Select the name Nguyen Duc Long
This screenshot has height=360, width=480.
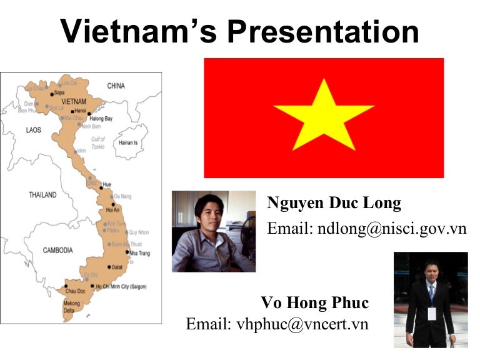coord(334,204)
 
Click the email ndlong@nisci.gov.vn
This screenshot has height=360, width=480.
coord(367,229)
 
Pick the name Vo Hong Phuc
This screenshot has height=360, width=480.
coord(315,304)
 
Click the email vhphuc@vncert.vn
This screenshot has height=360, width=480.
coord(277,324)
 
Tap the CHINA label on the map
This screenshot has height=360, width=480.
coord(116,86)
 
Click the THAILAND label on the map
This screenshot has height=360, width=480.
coord(42,195)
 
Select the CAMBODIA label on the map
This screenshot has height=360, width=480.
coord(57,251)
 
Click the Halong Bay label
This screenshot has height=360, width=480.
coord(101,118)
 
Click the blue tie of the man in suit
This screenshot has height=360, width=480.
coord(431,292)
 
